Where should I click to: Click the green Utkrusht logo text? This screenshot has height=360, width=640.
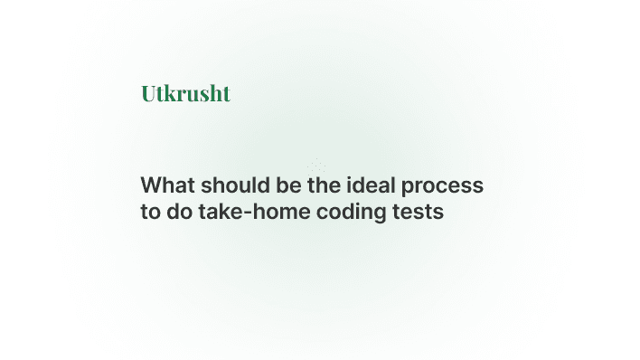(185, 93)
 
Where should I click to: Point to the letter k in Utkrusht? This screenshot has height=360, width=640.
(172, 93)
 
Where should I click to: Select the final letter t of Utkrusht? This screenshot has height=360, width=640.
(226, 93)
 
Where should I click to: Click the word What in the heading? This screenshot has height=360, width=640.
(168, 185)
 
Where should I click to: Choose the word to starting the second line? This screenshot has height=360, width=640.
(150, 213)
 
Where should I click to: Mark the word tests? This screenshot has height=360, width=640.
(420, 213)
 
